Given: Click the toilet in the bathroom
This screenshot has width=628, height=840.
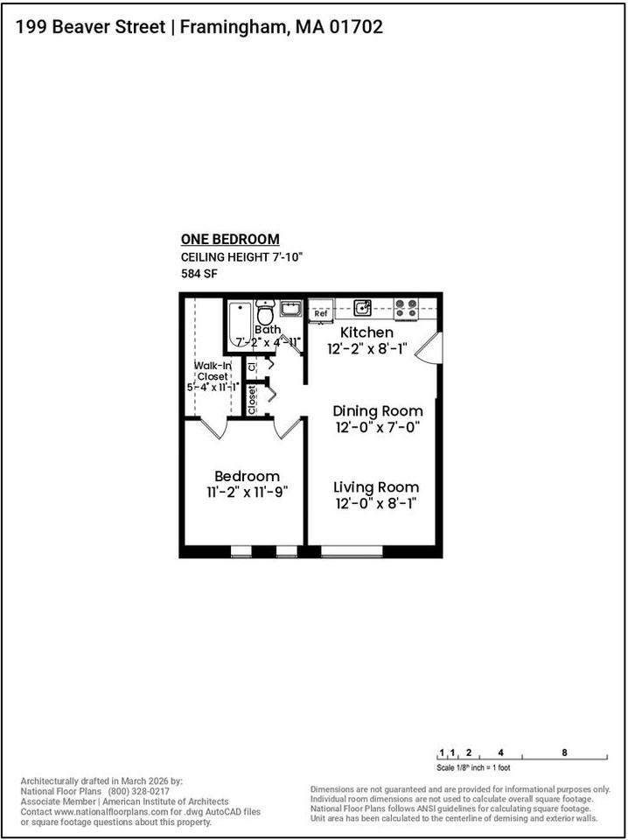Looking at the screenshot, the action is pos(265,311).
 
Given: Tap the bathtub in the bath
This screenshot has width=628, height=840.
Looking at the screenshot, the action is pos(240,325).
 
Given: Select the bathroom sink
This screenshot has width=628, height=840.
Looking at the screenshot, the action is pos(290,309).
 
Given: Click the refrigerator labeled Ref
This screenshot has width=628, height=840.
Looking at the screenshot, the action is pos(321,311).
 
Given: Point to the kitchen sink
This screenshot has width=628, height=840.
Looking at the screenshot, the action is pos(362,308).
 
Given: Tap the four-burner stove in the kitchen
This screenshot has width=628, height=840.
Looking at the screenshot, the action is pos(406,309).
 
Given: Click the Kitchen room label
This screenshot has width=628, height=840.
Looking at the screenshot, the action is pos(367,332).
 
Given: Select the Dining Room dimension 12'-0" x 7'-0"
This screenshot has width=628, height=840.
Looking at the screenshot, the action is pos(378,428).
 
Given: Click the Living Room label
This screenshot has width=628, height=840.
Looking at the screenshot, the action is pos(376,487).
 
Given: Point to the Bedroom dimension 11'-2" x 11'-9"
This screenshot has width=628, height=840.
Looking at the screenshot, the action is pos(248,492).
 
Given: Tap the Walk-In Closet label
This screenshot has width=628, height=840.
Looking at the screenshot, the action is pos(213,371).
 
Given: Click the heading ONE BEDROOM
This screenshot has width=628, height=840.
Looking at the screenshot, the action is pos(230,239).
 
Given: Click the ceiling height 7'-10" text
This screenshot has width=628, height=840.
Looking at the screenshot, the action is pos(242,257).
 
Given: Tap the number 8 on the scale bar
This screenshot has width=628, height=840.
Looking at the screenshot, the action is pos(564,752).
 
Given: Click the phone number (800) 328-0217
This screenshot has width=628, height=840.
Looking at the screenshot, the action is pos(139,791).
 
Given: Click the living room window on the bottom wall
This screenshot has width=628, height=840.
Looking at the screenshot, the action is pos(352,551).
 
